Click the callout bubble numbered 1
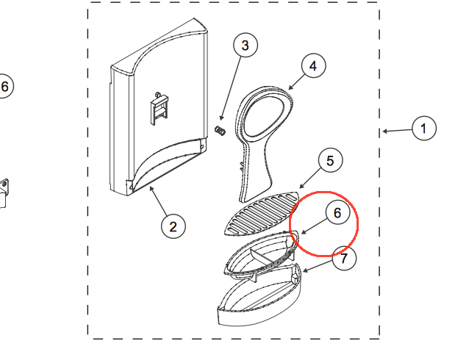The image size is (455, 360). click(x=424, y=129)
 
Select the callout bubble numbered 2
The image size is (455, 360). click(x=173, y=226)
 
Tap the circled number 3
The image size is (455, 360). click(x=246, y=45)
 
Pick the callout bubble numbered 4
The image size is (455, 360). click(x=313, y=65)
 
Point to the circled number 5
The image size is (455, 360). click(x=330, y=160)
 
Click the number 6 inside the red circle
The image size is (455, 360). click(x=337, y=212)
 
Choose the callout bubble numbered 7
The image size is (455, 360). click(x=344, y=258)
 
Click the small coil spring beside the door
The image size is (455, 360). click(x=220, y=131)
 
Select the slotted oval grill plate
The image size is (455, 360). click(x=262, y=214)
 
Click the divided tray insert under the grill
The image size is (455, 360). click(x=261, y=254)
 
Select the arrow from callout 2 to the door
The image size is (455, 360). click(x=159, y=201)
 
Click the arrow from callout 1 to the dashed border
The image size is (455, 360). click(x=397, y=131)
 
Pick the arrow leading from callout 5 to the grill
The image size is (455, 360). click(x=310, y=178)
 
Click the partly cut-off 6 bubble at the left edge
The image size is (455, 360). click(x=5, y=86)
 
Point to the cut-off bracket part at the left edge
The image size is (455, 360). click(x=4, y=193)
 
